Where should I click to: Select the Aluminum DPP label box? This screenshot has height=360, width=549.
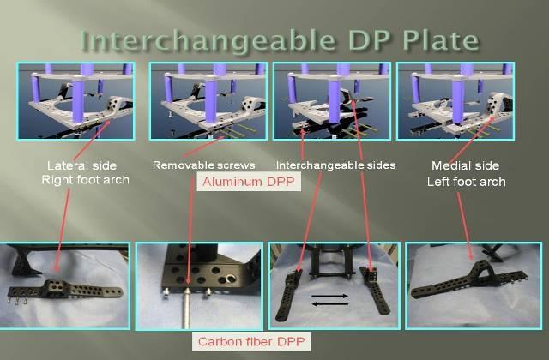point(249,182)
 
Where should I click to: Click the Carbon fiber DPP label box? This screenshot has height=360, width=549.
point(251,341)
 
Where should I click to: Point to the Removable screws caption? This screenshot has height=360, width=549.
point(204,165)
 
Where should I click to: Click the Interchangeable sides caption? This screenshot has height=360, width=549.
point(335,165)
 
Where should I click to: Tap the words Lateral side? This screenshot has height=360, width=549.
point(81,165)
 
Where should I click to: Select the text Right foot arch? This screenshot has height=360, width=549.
point(85,180)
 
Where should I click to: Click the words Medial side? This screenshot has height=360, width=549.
point(465,165)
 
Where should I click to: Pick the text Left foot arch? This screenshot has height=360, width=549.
point(466,182)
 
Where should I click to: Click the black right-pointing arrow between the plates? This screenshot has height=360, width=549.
point(329,296)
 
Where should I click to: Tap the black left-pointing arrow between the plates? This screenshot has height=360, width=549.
point(329,304)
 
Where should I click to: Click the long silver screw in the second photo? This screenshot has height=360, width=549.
point(187,308)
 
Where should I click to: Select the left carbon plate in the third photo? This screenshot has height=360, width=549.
point(288,296)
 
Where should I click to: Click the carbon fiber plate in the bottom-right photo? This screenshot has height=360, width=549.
point(469,280)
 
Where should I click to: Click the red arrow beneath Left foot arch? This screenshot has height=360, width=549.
point(465,226)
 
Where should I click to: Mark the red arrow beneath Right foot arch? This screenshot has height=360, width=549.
point(62,230)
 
